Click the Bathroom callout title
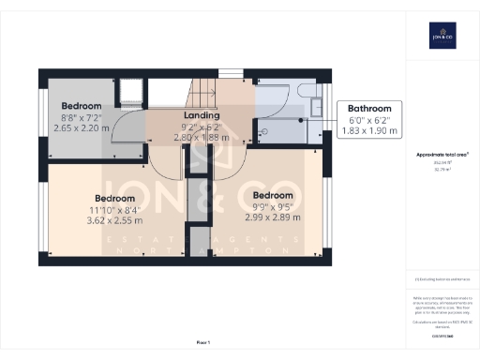click(x=369, y=108)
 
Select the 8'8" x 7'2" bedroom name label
click(x=82, y=106)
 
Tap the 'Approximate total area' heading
click(x=442, y=153)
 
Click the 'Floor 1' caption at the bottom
click(x=203, y=343)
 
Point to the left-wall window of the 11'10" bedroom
click(x=42, y=211)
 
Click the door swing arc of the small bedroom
click(x=122, y=150)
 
